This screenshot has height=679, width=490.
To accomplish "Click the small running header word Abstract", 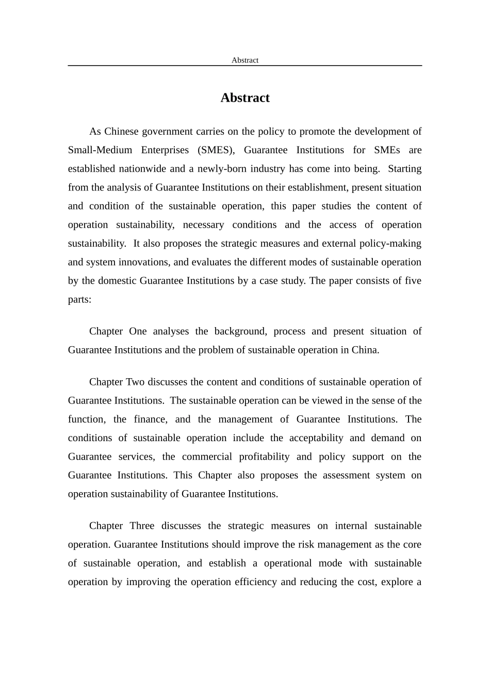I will tap(244, 60).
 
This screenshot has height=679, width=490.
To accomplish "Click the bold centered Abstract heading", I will tap(244, 98).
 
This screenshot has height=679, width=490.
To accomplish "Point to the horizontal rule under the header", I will tap(244, 66).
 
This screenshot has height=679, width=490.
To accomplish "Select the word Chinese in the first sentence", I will tap(121, 132).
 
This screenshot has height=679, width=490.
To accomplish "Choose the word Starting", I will tap(404, 169).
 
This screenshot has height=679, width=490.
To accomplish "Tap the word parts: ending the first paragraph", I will tap(79, 299).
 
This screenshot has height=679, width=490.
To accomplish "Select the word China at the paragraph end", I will tap(365, 350).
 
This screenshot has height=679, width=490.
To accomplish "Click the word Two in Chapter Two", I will tap(136, 382).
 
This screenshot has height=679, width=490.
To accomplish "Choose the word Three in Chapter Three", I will tap(142, 526).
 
